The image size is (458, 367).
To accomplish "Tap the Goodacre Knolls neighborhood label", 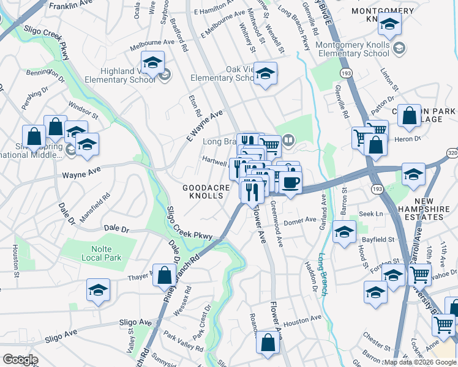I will [x=205, y=191].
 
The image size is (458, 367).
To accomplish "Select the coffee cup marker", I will [x=291, y=182].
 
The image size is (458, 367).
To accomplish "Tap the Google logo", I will [x=20, y=360].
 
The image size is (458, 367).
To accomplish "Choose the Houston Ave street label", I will [x=302, y=319].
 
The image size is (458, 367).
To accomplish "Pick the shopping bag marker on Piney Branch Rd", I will [x=165, y=276].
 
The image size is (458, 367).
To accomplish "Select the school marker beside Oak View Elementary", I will [x=265, y=74].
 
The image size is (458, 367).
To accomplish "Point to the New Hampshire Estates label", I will [x=432, y=209].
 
